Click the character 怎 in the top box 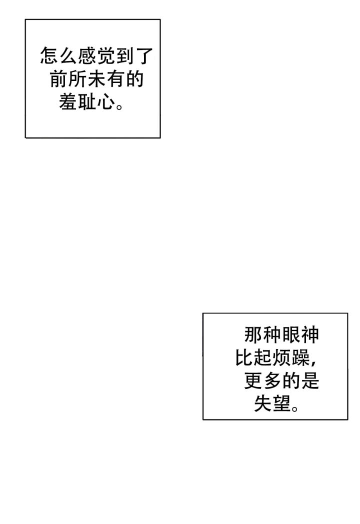pos(50,56)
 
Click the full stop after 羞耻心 pos(120,106)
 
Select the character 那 pos(253,335)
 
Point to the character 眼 pos(291,335)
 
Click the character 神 pos(310,335)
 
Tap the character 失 pos(263,404)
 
